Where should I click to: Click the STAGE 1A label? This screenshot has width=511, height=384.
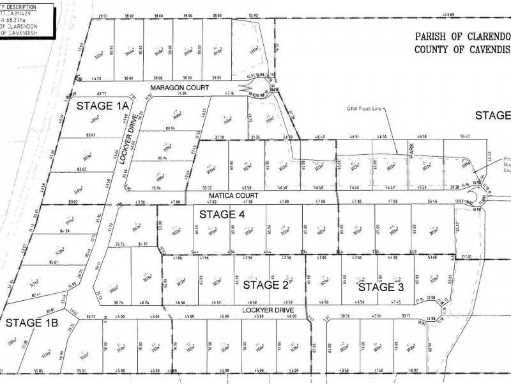[x=103, y=105]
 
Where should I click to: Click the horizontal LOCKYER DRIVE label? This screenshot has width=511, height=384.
[x=268, y=310]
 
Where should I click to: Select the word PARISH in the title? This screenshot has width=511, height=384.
[x=431, y=36]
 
